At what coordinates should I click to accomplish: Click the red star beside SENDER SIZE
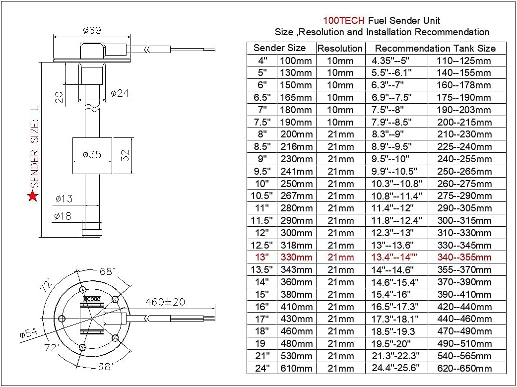(33, 196)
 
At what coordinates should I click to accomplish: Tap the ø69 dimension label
(92, 30)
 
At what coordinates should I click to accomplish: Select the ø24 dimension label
(120, 93)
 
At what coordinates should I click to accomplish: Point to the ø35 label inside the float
(92, 154)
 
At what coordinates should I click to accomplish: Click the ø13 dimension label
(64, 199)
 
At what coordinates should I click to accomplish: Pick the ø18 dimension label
(63, 216)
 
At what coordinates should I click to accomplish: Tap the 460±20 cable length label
(165, 302)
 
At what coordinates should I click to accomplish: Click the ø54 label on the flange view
(28, 333)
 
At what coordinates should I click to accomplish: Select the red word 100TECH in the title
(343, 20)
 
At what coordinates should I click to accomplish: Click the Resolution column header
(340, 49)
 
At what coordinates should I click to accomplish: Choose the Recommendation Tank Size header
(435, 49)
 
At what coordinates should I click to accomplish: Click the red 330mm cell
(296, 257)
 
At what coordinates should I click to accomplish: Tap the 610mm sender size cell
(296, 368)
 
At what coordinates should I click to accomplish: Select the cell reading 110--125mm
(464, 61)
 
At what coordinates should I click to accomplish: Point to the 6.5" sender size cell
(262, 98)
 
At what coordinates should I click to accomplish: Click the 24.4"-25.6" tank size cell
(395, 368)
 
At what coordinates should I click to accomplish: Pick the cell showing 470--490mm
(464, 331)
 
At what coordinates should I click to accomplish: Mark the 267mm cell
(296, 196)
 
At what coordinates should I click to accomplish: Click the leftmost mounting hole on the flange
(62, 319)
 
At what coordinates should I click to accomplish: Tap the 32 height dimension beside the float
(126, 156)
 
